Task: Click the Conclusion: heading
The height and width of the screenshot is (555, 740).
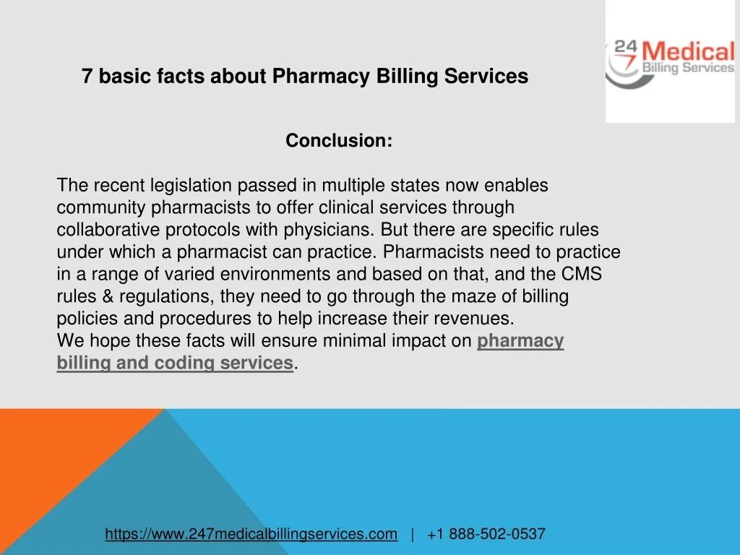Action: click(x=339, y=141)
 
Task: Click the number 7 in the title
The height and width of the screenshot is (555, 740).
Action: click(x=87, y=76)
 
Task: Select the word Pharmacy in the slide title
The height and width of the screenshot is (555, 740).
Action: click(x=321, y=77)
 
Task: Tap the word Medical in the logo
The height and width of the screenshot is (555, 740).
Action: click(x=689, y=51)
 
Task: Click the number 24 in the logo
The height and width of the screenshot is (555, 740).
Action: click(x=626, y=47)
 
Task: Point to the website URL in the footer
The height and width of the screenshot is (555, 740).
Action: click(x=251, y=534)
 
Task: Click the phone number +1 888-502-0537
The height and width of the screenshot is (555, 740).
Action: click(x=486, y=534)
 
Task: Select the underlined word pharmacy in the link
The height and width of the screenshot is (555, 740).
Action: click(x=520, y=341)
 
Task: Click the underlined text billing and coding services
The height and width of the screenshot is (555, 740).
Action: click(x=175, y=363)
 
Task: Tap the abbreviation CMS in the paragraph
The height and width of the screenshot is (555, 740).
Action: click(x=582, y=274)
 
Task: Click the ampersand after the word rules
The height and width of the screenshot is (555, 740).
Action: click(x=108, y=296)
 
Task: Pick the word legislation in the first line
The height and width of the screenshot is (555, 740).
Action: click(x=191, y=186)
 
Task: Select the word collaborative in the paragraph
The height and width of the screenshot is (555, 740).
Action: click(x=108, y=230)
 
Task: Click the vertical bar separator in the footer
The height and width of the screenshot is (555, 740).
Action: click(x=413, y=534)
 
